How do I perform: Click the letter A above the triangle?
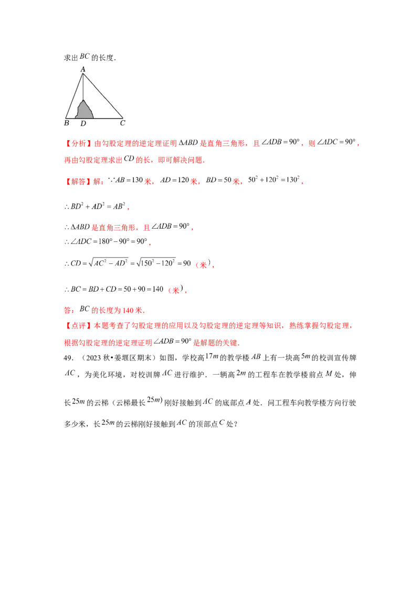(x=83, y=69)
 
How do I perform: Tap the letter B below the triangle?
(x=66, y=123)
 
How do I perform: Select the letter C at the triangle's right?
(x=122, y=123)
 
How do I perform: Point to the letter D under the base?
(x=83, y=124)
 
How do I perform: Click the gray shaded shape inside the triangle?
(x=85, y=111)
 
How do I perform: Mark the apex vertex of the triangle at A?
(x=83, y=74)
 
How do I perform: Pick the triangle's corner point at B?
(x=66, y=118)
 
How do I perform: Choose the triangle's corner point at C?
(x=123, y=118)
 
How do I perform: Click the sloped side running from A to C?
(x=103, y=96)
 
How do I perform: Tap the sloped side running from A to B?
(x=75, y=96)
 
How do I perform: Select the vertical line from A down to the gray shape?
(x=83, y=87)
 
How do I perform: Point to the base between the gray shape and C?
(x=108, y=118)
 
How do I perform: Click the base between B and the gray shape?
(x=71, y=118)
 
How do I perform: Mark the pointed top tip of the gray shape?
(x=83, y=99)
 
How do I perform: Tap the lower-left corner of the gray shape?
(x=76, y=118)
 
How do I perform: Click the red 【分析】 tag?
(x=71, y=143)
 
